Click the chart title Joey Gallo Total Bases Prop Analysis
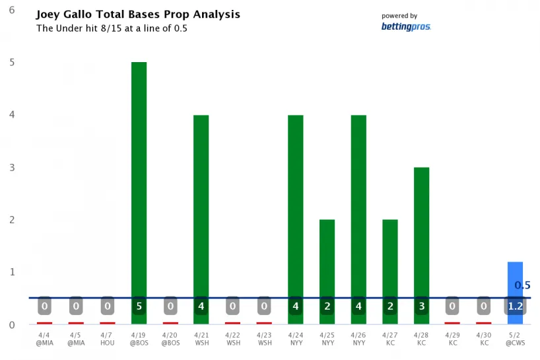pyautogui.click(x=137, y=14)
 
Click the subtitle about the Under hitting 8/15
pyautogui.click(x=111, y=28)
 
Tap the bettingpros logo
pyautogui.click(x=405, y=26)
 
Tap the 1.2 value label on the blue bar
pyautogui.click(x=516, y=306)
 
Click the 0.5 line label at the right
pyautogui.click(x=522, y=285)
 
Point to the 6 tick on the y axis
pyautogui.click(x=12, y=10)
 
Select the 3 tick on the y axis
pyautogui.click(x=12, y=167)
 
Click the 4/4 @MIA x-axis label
pyautogui.click(x=44, y=339)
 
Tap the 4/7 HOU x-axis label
pyautogui.click(x=107, y=339)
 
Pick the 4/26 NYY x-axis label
pyautogui.click(x=358, y=339)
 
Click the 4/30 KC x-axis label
pyautogui.click(x=484, y=339)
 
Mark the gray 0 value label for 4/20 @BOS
pyautogui.click(x=170, y=306)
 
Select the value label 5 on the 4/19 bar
pyautogui.click(x=139, y=306)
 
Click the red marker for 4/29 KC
pyautogui.click(x=453, y=323)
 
